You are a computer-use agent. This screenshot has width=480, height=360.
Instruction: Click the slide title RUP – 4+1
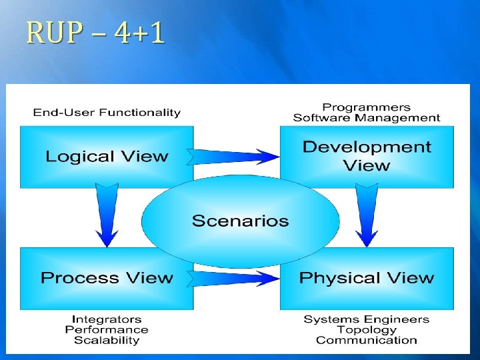[95, 34]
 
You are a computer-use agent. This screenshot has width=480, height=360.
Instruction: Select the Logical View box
[107, 157]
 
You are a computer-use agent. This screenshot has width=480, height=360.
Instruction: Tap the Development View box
[367, 156]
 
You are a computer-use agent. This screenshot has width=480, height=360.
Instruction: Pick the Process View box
[107, 278]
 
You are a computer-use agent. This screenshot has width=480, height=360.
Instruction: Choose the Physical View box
[367, 278]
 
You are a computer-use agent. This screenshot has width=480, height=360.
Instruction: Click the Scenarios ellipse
[240, 221]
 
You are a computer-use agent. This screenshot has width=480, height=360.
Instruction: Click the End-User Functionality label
[107, 113]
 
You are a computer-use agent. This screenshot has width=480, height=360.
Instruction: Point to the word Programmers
[367, 107]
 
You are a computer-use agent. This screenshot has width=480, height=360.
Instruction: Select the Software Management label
[367, 118]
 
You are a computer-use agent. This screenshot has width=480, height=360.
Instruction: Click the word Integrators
[107, 319]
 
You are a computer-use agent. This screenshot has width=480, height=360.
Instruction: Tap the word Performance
[107, 329]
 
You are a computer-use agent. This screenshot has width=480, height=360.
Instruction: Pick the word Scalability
[107, 340]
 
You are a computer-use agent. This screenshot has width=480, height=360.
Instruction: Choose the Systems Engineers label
[367, 319]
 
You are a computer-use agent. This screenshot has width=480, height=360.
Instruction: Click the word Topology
[367, 329]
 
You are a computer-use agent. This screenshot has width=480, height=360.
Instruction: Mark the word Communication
[367, 340]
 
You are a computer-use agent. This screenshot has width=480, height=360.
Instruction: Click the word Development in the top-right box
[367, 147]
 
